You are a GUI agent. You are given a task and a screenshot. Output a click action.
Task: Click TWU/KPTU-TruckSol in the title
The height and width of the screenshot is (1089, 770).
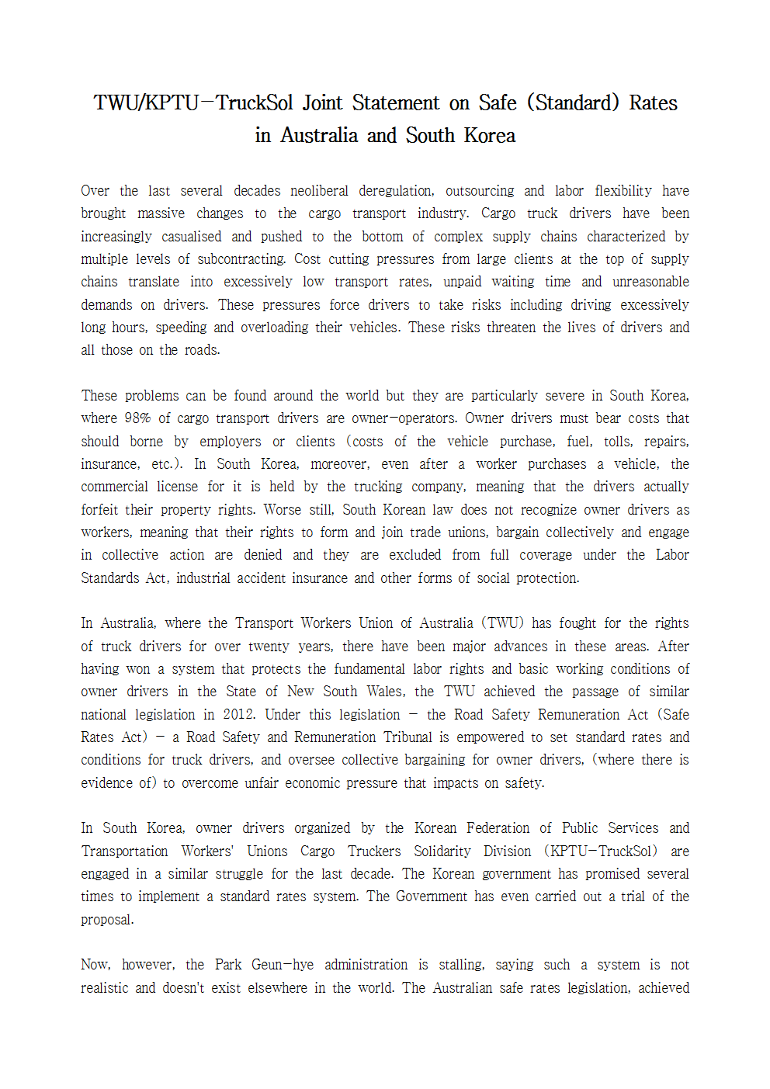click(193, 103)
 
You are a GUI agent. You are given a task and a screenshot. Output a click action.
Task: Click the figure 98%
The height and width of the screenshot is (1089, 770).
click(137, 418)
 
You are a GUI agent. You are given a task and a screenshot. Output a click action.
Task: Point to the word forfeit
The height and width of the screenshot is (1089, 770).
click(101, 510)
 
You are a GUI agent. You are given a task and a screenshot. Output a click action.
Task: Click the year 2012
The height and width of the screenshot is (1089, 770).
click(238, 715)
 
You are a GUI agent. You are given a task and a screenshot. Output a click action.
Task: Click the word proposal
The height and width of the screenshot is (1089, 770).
click(107, 920)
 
